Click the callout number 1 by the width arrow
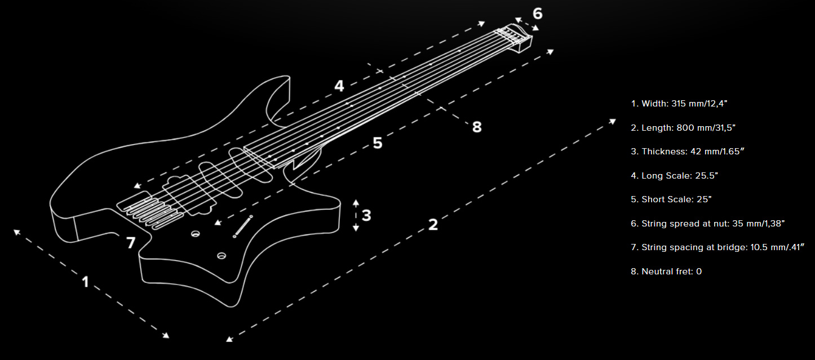click(85, 282)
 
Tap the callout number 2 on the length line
click(433, 225)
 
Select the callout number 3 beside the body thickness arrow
click(366, 215)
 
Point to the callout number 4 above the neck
click(339, 86)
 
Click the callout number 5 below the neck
click(378, 143)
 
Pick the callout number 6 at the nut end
click(537, 14)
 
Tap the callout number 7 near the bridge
click(131, 243)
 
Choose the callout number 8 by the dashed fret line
click(477, 127)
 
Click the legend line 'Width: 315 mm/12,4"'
click(679, 104)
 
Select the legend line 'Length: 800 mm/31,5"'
click(683, 128)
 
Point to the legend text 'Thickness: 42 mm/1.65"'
click(688, 152)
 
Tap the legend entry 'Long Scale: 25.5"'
click(674, 176)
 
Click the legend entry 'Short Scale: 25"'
click(671, 199)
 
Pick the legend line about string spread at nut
click(708, 223)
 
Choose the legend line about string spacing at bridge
click(717, 247)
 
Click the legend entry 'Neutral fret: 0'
click(666, 272)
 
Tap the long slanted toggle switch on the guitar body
click(243, 226)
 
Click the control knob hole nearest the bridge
click(196, 234)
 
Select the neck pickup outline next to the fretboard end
click(250, 164)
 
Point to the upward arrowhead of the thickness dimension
click(356, 202)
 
